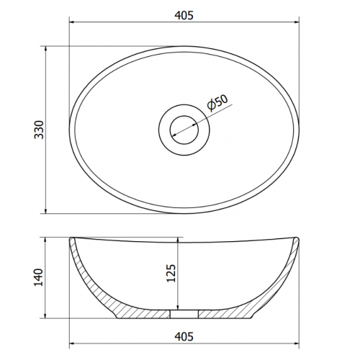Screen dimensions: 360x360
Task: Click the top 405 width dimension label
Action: pyautogui.click(x=184, y=15)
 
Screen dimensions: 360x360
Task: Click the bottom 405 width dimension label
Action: pyautogui.click(x=184, y=336)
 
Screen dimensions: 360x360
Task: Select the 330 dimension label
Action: pyautogui.click(x=39, y=130)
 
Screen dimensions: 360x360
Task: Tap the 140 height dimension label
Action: pyautogui.click(x=38, y=277)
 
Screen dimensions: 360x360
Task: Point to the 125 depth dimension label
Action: pyautogui.click(x=171, y=274)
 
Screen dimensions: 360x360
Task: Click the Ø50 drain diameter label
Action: pyautogui.click(x=217, y=103)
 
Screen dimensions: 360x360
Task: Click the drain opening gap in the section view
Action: pyautogui.click(x=184, y=314)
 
